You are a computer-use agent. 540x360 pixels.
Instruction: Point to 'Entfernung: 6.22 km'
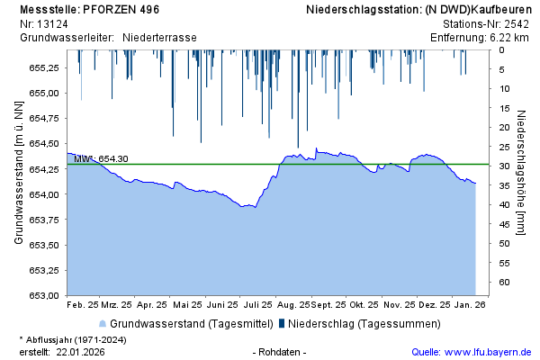(479, 38)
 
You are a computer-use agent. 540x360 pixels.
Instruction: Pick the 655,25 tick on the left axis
(44, 67)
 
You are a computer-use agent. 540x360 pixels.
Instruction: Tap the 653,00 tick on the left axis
(44, 295)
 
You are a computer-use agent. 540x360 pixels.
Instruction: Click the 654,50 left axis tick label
(44, 143)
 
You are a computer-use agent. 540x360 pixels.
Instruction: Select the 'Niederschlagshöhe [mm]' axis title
(521, 173)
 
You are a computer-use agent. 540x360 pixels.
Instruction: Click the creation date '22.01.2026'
(80, 351)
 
